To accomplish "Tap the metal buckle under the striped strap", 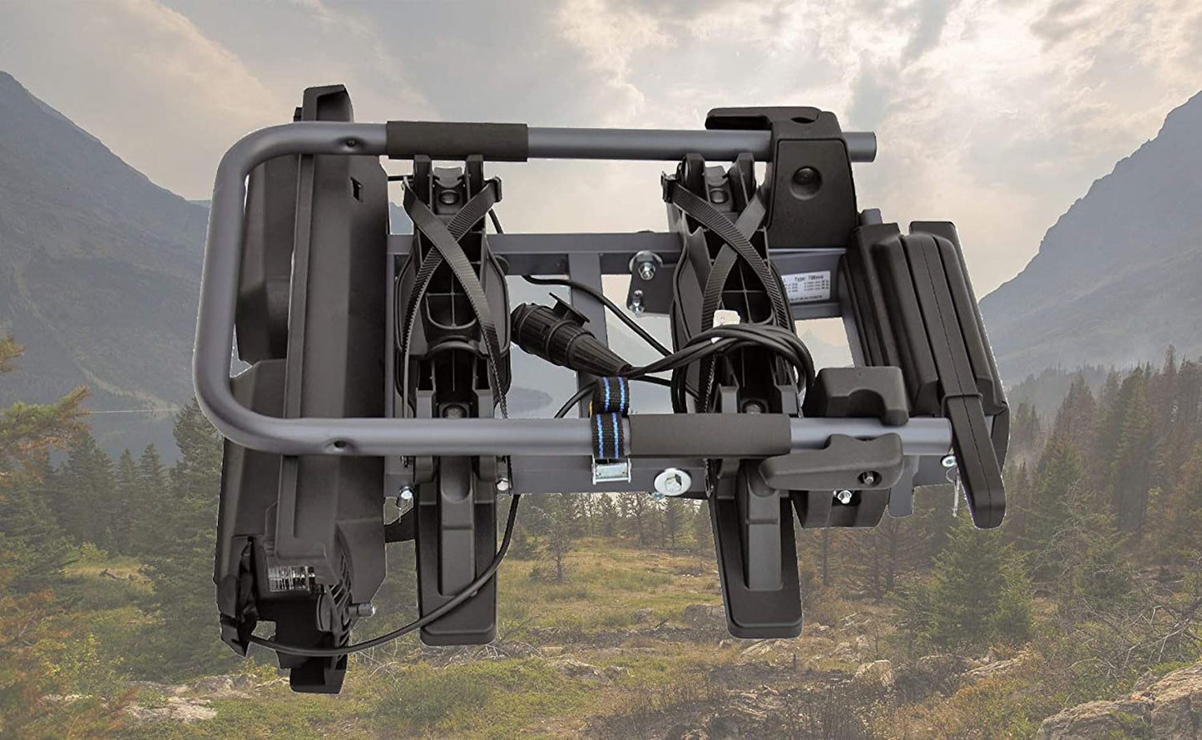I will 611,472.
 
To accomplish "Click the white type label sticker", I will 806,288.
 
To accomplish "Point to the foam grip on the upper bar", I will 457,141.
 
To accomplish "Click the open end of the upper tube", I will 869,146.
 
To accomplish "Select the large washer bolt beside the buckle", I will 671,481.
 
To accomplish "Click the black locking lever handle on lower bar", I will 832,461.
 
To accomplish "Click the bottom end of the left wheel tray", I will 458,628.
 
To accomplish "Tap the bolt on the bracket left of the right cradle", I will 646,268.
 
